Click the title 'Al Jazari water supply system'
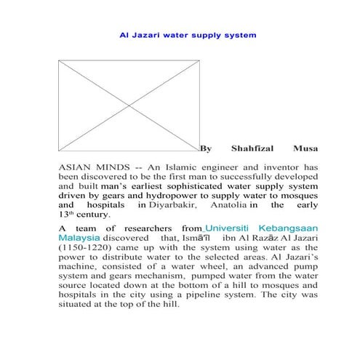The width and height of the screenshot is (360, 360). [x=188, y=34]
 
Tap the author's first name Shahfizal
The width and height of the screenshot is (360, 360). [x=252, y=148]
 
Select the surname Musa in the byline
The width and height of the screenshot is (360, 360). [x=305, y=148]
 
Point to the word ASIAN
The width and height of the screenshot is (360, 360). [x=76, y=167]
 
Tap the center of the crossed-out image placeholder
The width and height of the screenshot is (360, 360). [x=128, y=101]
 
